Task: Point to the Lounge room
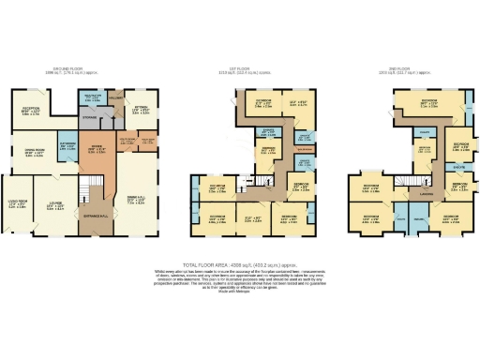56,205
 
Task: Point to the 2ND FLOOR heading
399,68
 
